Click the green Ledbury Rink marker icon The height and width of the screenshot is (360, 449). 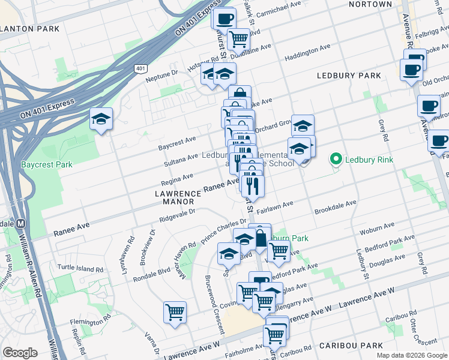click(336, 159)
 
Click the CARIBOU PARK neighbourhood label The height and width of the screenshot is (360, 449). click(351, 346)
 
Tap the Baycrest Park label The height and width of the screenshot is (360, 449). click(46, 164)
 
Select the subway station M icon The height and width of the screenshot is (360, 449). click(21, 223)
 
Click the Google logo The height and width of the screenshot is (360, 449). click(20, 353)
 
